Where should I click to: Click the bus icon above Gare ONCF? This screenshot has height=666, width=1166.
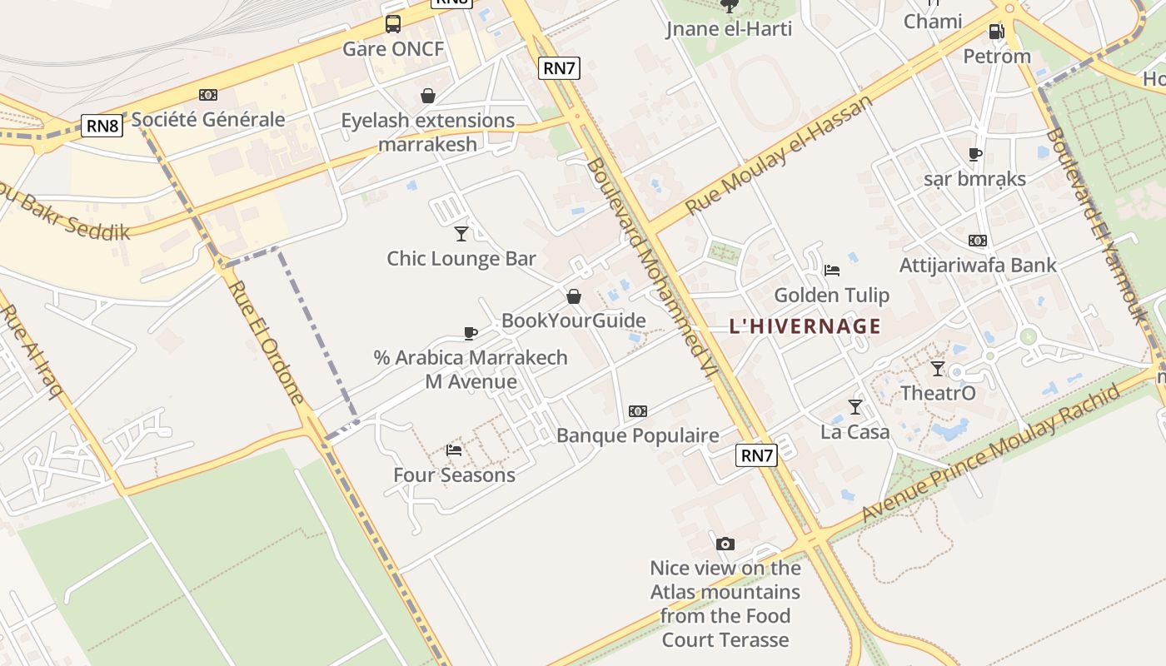[393, 24]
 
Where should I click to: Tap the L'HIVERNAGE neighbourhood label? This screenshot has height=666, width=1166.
[805, 326]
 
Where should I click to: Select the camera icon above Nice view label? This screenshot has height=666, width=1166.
[725, 544]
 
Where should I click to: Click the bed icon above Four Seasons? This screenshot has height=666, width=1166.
[454, 450]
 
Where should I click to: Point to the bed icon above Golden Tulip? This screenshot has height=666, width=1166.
[831, 270]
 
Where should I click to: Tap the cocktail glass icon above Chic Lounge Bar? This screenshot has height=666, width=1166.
[461, 233]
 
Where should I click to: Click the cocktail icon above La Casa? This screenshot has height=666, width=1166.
[855, 406]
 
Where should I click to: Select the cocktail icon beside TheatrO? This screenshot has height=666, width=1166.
[938, 368]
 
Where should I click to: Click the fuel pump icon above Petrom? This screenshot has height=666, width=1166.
[996, 32]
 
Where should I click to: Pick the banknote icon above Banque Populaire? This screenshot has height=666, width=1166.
[638, 410]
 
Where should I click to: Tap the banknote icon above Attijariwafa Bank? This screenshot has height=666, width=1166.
[978, 241]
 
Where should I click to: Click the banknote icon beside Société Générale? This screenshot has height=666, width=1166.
[208, 95]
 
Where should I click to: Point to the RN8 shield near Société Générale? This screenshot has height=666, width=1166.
[102, 126]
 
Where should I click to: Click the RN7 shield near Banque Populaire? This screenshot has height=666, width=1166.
[757, 455]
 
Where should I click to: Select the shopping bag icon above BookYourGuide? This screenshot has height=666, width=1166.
[574, 296]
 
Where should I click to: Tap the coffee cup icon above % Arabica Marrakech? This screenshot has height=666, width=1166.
[471, 333]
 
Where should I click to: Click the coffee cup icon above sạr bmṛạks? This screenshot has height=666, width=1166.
[975, 154]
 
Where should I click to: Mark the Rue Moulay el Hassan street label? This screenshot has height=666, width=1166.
[778, 155]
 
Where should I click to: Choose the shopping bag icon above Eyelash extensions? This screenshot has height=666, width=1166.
[428, 96]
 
